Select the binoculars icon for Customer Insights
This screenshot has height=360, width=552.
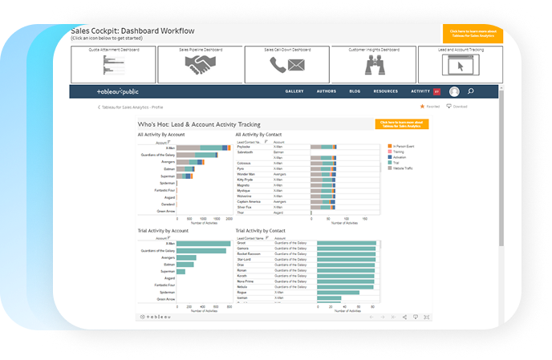click(x=373, y=67)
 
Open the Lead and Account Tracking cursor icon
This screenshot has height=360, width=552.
click(x=460, y=67)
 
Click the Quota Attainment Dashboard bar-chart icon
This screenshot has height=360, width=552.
click(x=113, y=67)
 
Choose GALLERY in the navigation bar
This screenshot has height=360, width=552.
click(x=294, y=91)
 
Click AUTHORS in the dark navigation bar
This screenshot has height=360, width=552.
click(x=326, y=91)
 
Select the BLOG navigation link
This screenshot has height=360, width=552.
click(x=355, y=91)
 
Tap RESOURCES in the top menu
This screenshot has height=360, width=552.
click(x=385, y=91)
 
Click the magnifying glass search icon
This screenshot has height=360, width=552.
click(x=470, y=91)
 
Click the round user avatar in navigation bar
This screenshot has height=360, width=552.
click(x=454, y=91)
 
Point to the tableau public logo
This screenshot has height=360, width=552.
click(x=118, y=91)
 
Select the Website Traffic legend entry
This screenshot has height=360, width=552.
click(x=404, y=168)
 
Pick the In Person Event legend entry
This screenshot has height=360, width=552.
click(x=404, y=147)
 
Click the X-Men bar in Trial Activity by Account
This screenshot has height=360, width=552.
click(x=203, y=244)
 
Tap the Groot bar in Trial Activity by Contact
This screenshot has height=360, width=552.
click(x=347, y=242)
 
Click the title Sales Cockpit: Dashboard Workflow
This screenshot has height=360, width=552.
click(x=132, y=30)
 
